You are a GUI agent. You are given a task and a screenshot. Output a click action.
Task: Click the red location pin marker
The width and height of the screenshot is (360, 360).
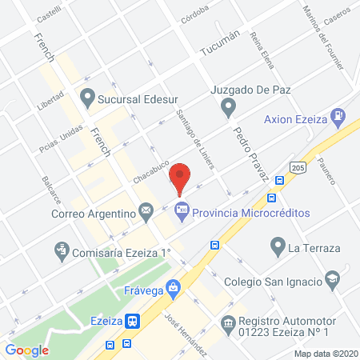coord(182,178)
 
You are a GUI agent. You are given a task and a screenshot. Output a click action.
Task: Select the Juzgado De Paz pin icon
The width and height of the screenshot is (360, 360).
coord(229,106)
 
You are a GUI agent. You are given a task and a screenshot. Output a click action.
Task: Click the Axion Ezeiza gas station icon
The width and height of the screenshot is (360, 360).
coord(340,118)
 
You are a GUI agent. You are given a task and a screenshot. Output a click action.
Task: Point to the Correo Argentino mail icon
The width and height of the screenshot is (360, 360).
coord(146,211)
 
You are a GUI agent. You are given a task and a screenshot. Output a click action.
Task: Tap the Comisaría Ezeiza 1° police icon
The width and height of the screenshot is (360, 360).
coord(61,251)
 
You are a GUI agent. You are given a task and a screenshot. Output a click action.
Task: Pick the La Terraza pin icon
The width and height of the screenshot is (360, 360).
coord(278,245)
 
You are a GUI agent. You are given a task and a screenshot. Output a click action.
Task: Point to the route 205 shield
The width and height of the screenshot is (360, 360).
coord(297,166)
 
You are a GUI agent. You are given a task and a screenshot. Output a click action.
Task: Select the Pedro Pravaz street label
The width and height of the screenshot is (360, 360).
coord(248,150)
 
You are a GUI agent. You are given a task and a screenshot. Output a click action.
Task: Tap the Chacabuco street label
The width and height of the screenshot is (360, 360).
coord(152,169)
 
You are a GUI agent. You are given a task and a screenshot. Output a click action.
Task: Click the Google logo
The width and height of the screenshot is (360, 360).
coord(27,350)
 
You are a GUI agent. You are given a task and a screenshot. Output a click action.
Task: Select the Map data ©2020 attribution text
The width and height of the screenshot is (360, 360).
coord(325,353)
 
